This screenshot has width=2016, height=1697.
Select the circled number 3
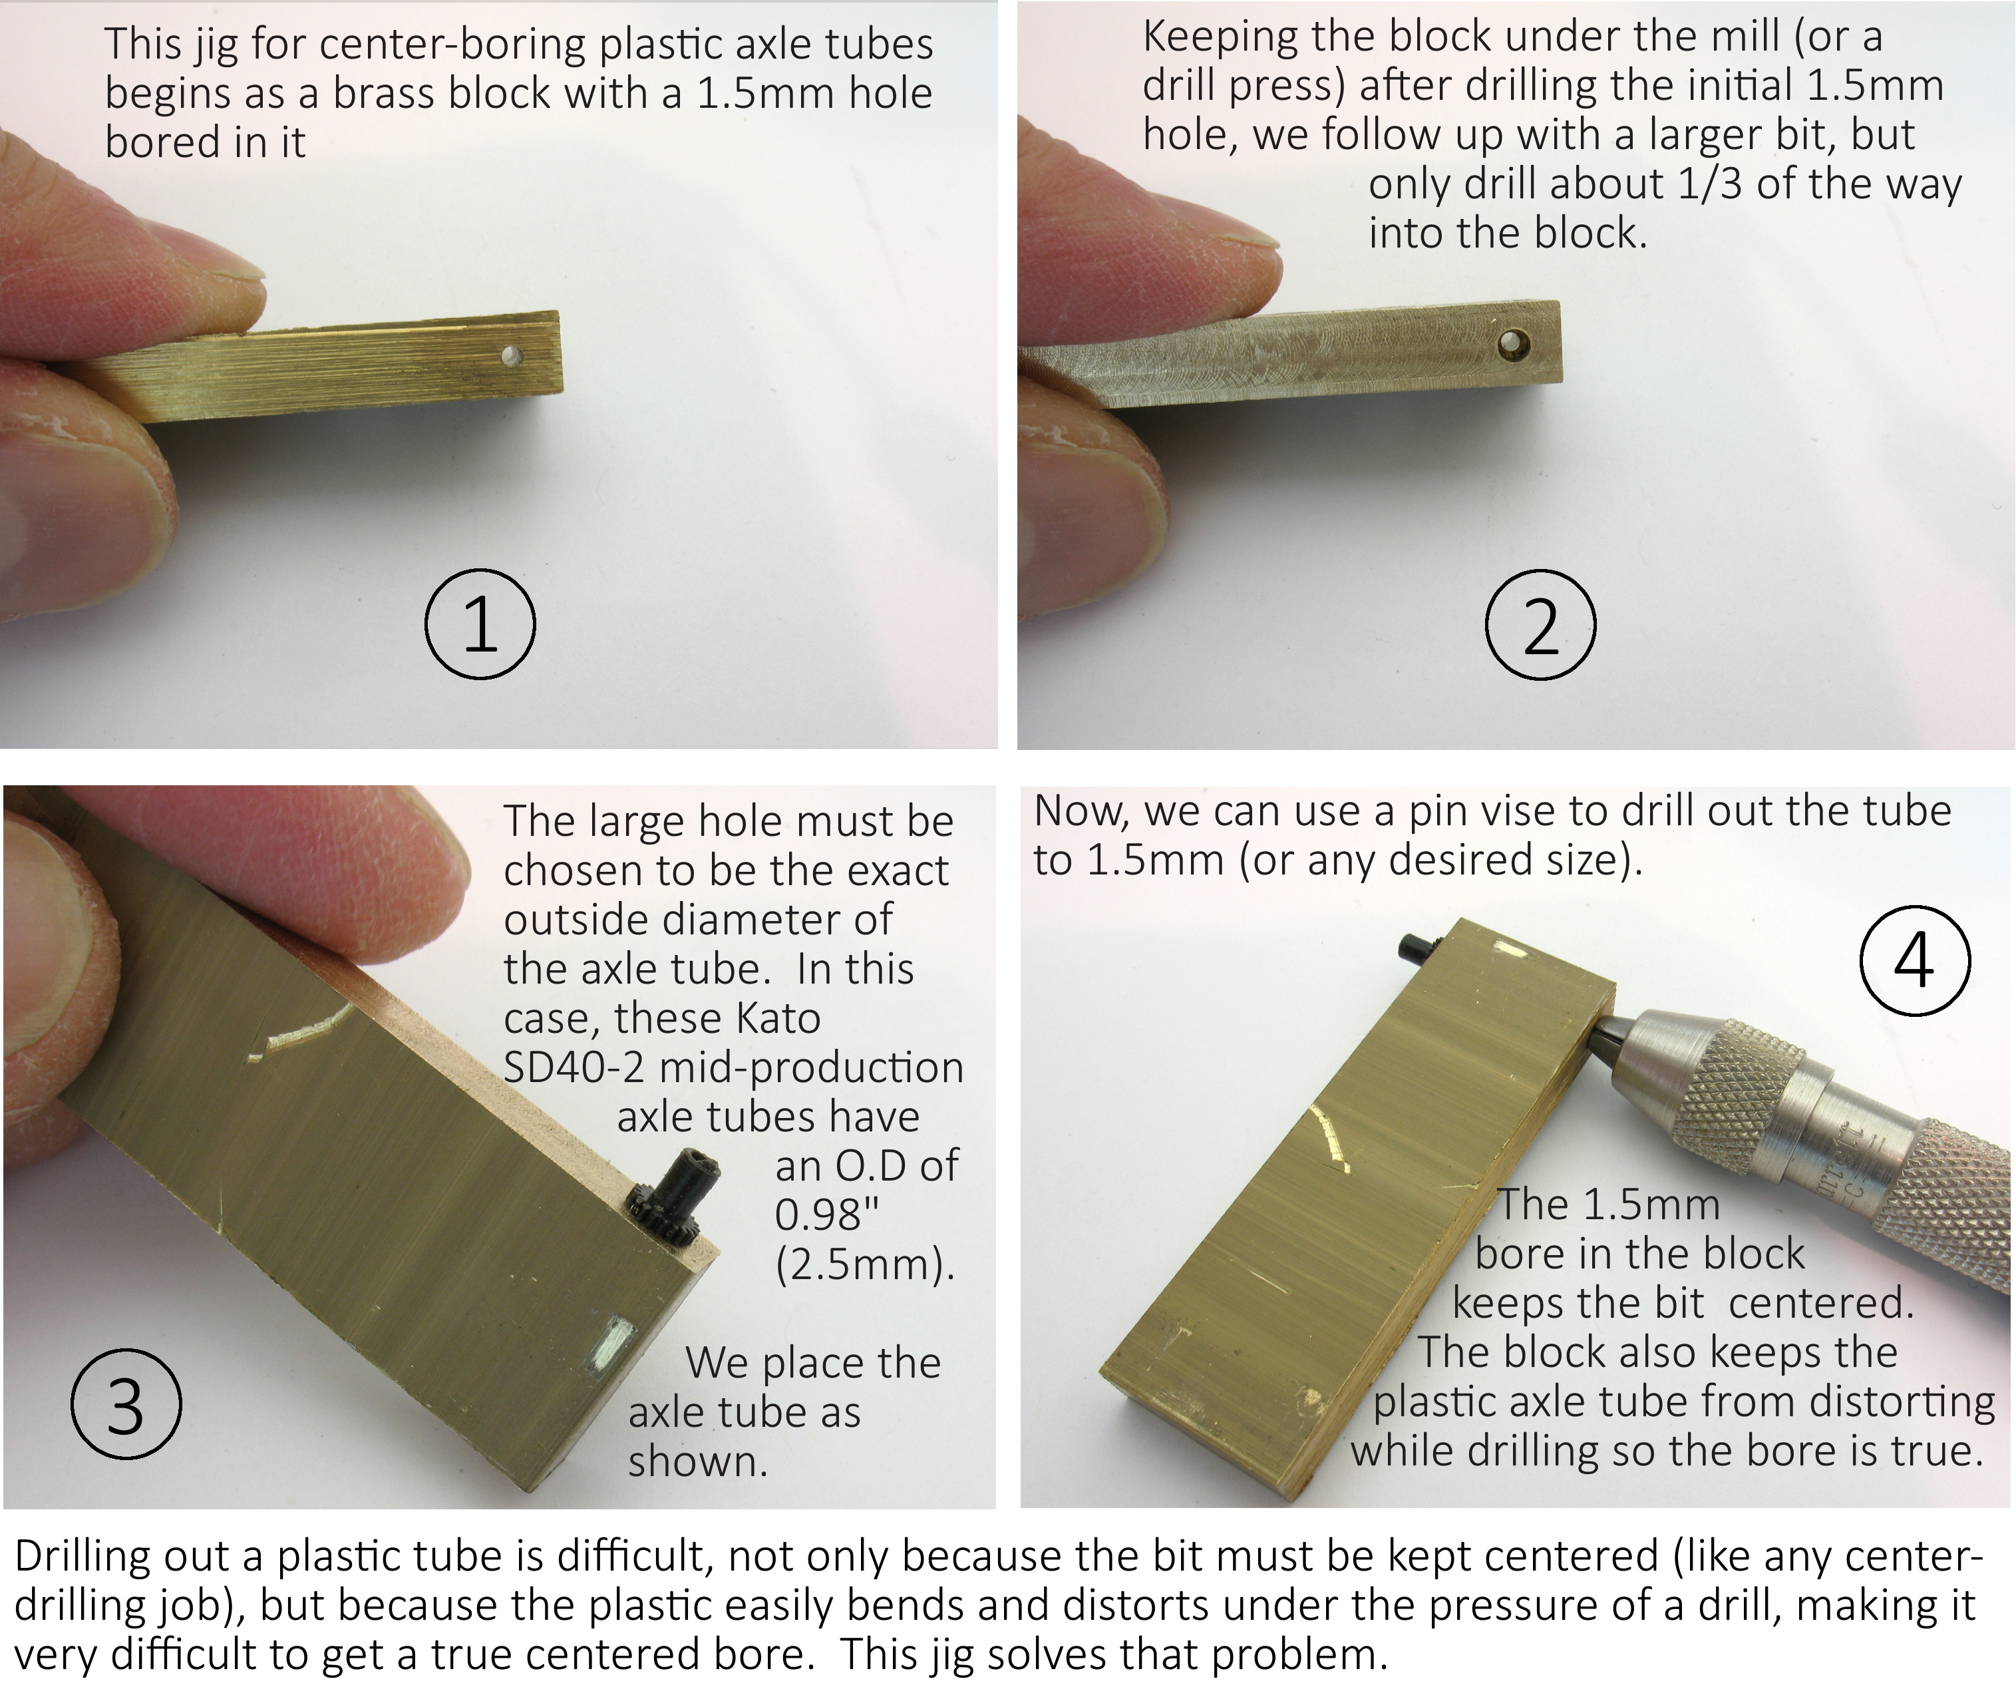tap(126, 1406)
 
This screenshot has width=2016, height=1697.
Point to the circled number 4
tap(1915, 959)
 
